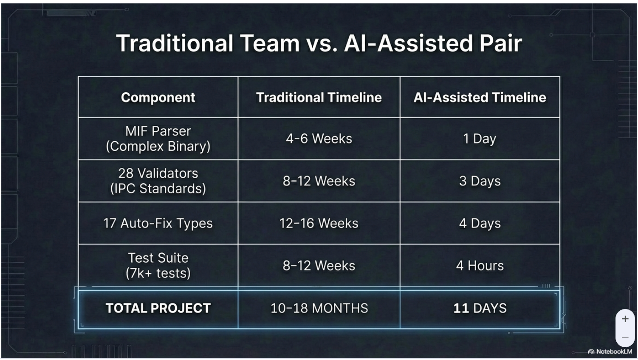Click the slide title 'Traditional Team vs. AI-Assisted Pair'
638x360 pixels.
(319, 43)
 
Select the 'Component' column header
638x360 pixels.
(158, 97)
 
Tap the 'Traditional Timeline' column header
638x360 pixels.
(319, 97)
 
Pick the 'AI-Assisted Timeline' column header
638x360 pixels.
(480, 97)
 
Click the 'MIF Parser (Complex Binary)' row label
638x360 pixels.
(158, 139)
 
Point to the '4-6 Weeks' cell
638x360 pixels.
(319, 139)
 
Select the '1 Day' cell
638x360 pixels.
(480, 139)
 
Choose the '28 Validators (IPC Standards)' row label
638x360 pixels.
(158, 181)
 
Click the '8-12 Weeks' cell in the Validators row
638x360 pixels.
(319, 181)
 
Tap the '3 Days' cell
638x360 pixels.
(480, 181)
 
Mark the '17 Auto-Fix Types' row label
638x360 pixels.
(158, 223)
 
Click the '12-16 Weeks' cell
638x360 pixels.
(319, 223)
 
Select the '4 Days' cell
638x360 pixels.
(480, 223)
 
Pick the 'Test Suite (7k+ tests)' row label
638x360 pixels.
(158, 265)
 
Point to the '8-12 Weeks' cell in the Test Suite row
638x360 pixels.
(319, 265)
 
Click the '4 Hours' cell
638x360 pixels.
(480, 265)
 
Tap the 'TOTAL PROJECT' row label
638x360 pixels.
(158, 308)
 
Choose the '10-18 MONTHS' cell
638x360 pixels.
(319, 308)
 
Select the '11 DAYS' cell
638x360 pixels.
(480, 308)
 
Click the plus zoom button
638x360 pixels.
(625, 319)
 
